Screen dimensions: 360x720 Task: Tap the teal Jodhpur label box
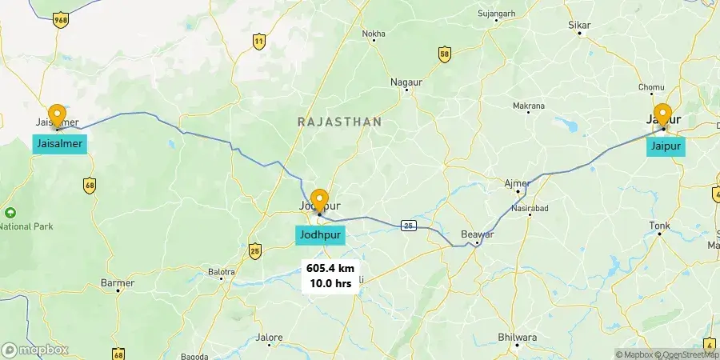321,235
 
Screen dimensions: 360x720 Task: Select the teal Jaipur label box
666,147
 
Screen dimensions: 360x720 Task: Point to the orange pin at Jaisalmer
57,116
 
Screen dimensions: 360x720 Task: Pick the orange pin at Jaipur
662,115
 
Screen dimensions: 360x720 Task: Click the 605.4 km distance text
330,269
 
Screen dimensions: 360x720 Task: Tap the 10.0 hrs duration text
330,283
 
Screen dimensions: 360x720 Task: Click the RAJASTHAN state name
339,122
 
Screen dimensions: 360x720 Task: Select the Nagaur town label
406,82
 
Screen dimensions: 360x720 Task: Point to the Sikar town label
578,26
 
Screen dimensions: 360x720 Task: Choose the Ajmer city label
517,183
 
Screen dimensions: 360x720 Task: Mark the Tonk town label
660,226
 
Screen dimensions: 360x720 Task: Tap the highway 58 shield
445,54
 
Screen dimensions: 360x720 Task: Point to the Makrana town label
528,106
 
